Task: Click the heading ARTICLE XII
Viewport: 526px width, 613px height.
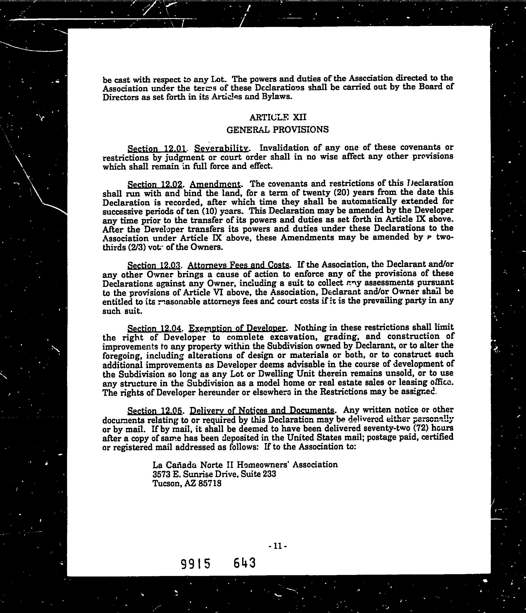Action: point(278,118)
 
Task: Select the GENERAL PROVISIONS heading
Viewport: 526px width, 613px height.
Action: point(277,130)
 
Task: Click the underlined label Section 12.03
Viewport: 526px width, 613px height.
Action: point(153,265)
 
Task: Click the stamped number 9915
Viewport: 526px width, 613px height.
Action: point(196,564)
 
